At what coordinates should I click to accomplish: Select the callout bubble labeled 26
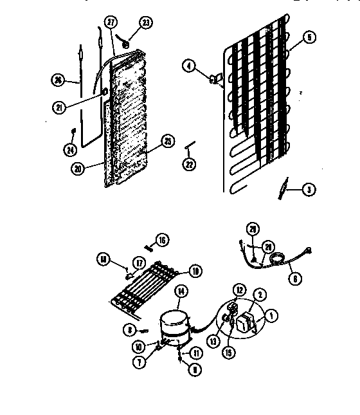coord(57,80)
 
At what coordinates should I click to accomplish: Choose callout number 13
coord(212,323)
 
